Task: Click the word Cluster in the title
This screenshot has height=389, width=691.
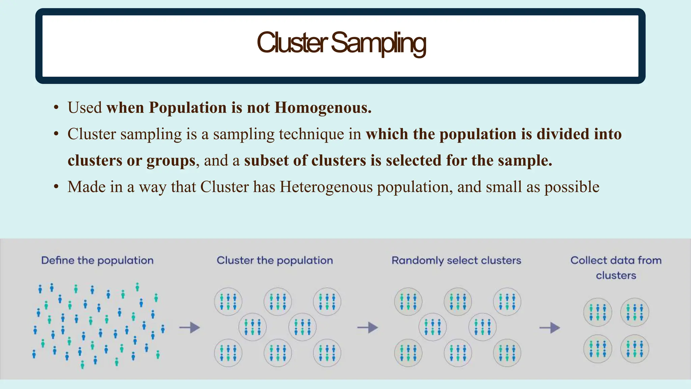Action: (292, 43)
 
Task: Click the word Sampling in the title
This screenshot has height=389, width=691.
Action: (379, 43)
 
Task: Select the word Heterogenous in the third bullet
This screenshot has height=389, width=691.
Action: (326, 187)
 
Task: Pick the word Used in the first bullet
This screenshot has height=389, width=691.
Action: (85, 107)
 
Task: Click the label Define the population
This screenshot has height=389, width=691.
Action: (97, 260)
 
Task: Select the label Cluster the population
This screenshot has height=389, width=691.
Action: (275, 260)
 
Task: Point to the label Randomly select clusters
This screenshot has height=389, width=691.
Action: (456, 260)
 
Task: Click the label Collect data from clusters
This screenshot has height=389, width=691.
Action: (616, 267)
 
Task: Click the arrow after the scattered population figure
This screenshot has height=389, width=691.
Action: (190, 327)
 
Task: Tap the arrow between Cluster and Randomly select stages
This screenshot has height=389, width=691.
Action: (368, 327)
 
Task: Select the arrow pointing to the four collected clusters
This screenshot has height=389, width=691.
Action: (550, 328)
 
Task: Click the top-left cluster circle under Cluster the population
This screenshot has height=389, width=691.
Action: (228, 302)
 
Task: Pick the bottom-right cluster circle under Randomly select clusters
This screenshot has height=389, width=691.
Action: (507, 353)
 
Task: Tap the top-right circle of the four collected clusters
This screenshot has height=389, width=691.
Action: (634, 312)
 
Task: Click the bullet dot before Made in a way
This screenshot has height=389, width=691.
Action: (56, 187)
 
